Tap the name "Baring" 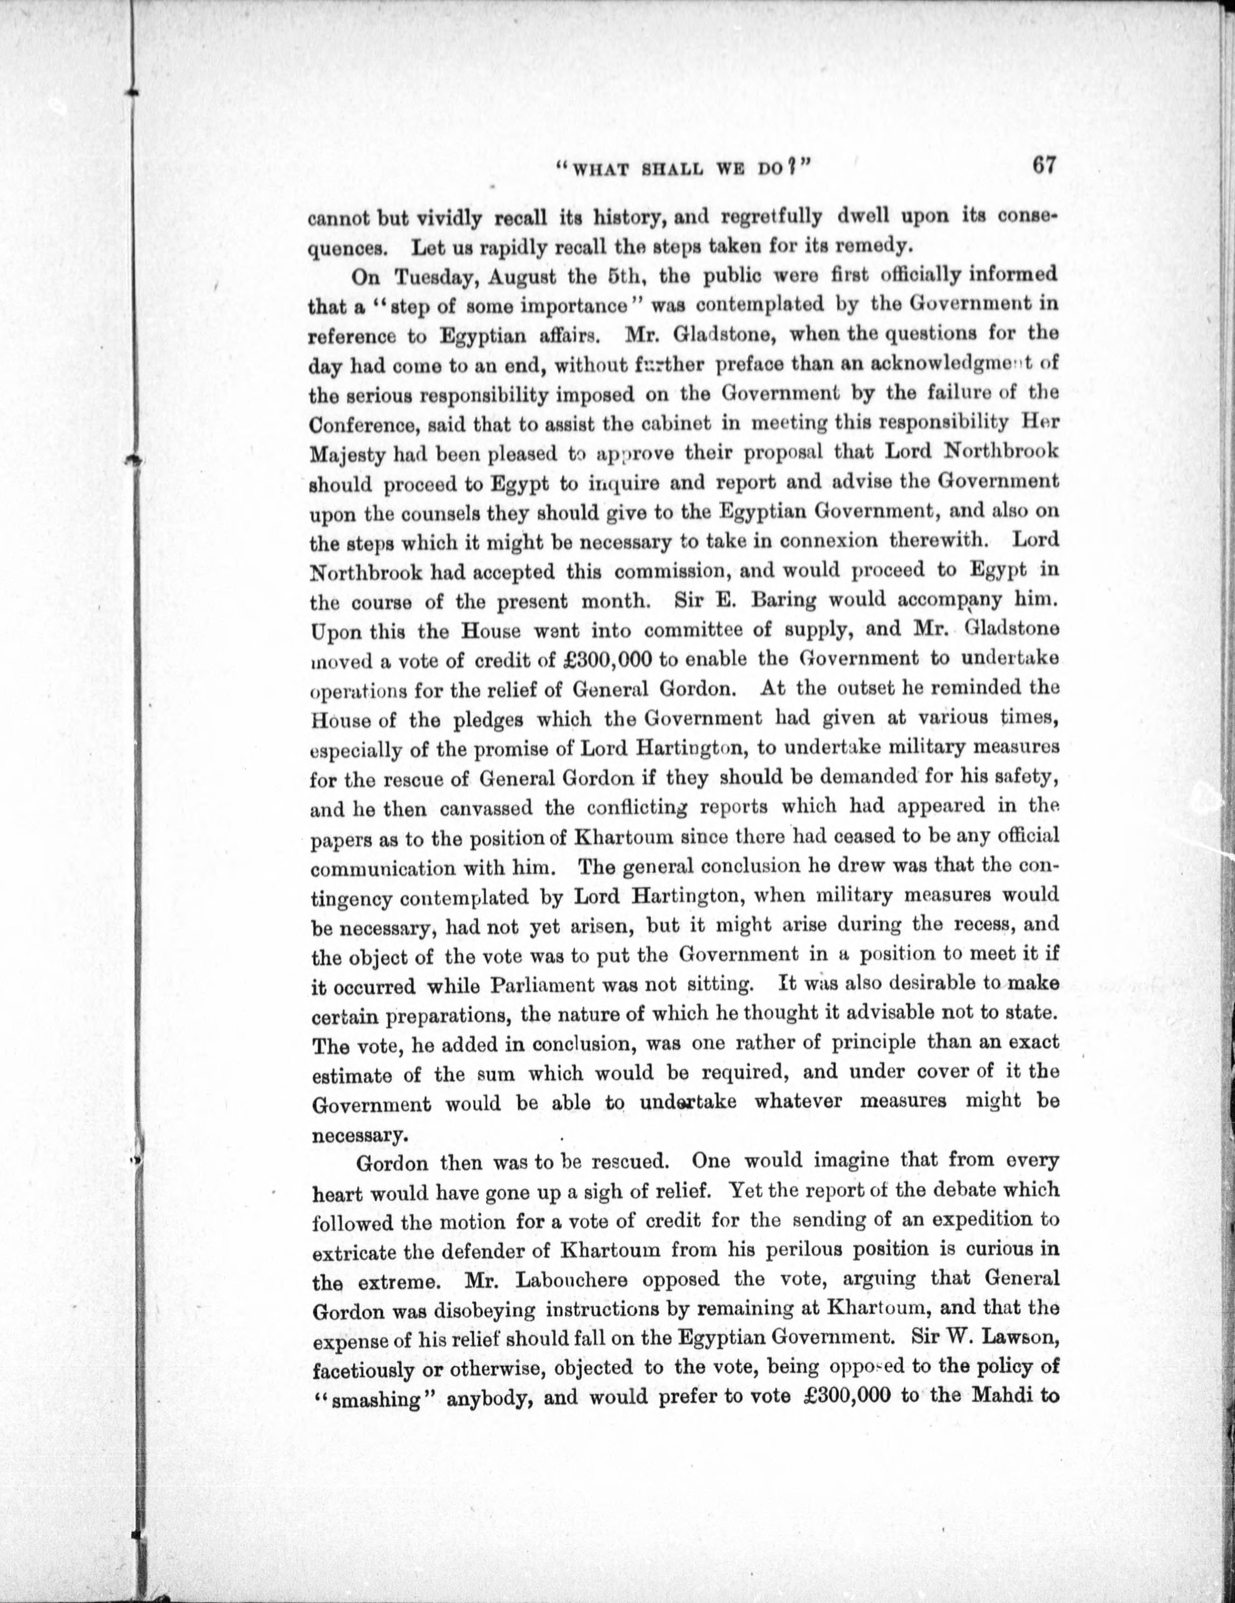coord(785,600)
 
